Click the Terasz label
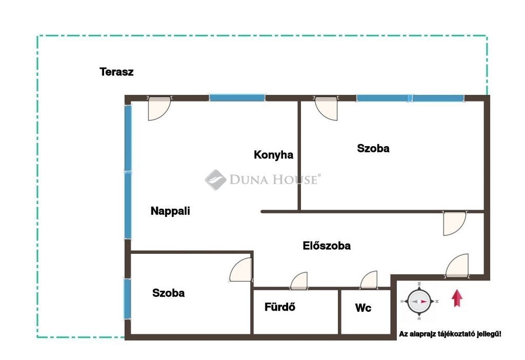click(116, 72)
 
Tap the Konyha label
click(274, 155)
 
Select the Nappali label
click(170, 211)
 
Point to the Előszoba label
click(327, 246)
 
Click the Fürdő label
click(280, 307)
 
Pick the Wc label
click(364, 308)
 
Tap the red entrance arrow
click(457, 298)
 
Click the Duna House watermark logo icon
click(216, 180)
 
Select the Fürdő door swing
click(299, 281)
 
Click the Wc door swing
click(369, 280)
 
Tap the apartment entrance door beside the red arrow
click(457, 266)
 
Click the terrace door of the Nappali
click(159, 109)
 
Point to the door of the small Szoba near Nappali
click(241, 270)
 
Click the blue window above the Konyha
click(237, 98)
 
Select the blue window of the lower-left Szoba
click(127, 299)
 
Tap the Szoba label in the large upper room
click(373, 148)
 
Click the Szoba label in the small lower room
click(168, 293)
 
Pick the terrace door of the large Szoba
click(326, 109)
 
